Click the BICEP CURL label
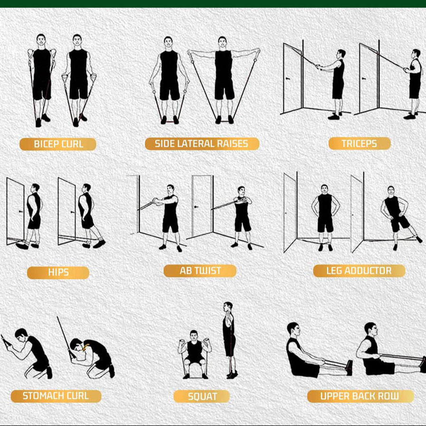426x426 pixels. click(x=58, y=144)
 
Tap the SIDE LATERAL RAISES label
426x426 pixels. click(x=202, y=144)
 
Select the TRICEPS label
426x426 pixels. click(x=360, y=143)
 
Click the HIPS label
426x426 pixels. click(x=58, y=273)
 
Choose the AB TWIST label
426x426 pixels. click(x=200, y=271)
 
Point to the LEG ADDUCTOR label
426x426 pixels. click(x=359, y=271)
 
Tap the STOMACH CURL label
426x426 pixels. click(x=56, y=396)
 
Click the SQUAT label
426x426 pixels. click(x=201, y=397)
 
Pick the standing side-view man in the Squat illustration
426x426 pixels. click(x=229, y=340)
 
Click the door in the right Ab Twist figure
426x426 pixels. click(x=202, y=206)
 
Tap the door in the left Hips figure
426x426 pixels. click(x=15, y=211)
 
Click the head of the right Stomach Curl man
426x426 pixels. click(x=77, y=344)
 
